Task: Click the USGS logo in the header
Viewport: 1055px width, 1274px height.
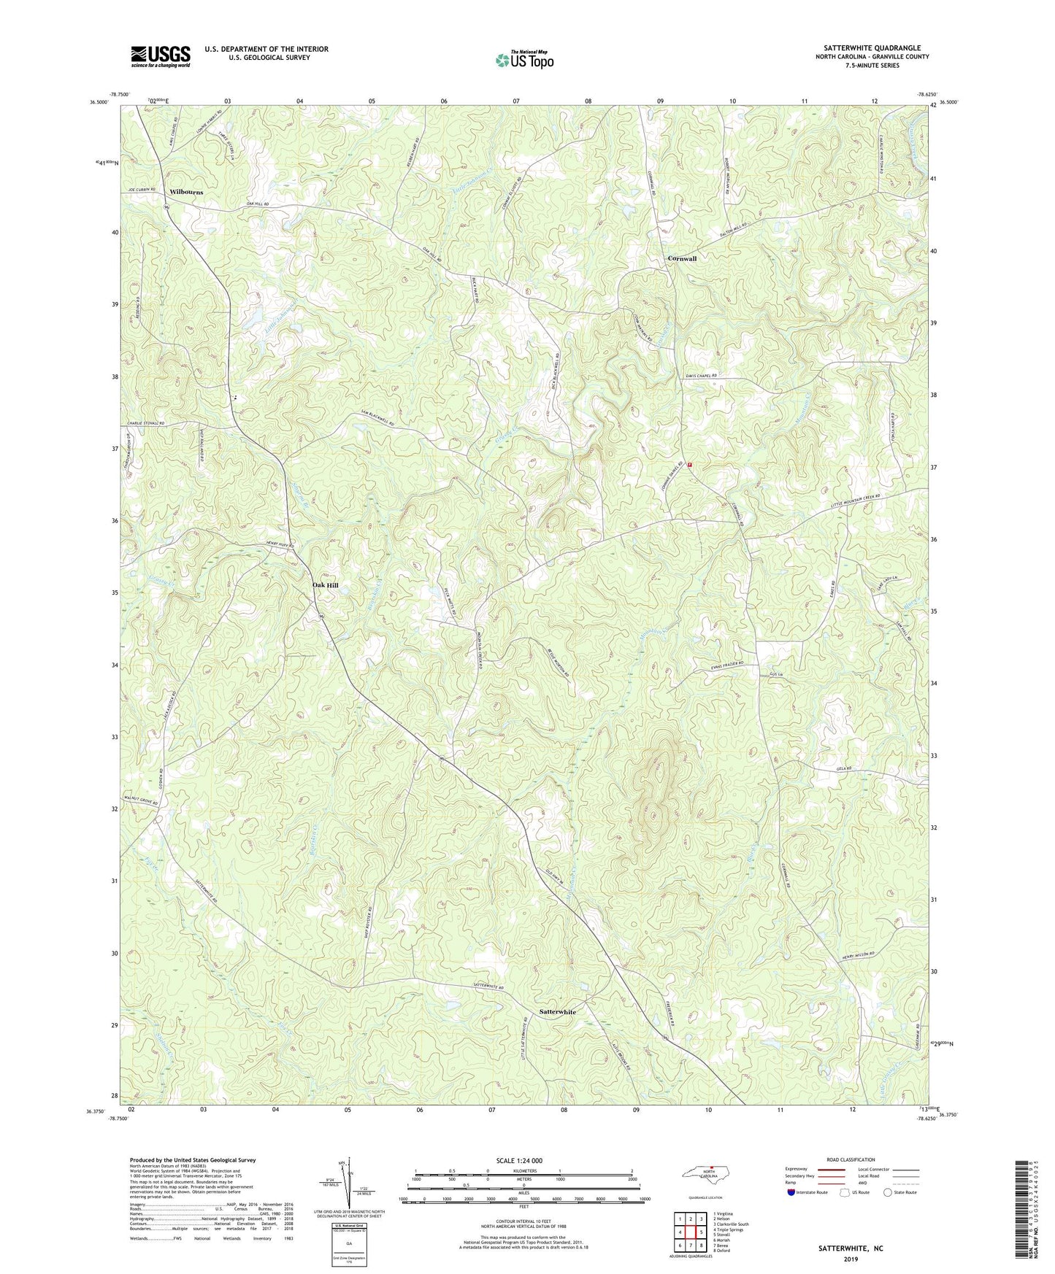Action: [x=161, y=56]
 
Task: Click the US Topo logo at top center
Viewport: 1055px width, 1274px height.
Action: [x=524, y=59]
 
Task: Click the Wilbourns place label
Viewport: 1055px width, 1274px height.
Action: [x=186, y=192]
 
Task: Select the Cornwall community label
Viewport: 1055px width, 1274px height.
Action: [x=682, y=259]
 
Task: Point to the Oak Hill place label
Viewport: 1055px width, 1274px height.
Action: [x=325, y=585]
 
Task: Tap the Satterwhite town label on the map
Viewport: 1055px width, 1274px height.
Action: [x=557, y=1012]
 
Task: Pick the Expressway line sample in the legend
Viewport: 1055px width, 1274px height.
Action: [x=831, y=1169]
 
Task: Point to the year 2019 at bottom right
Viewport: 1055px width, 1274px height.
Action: [x=851, y=1259]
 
